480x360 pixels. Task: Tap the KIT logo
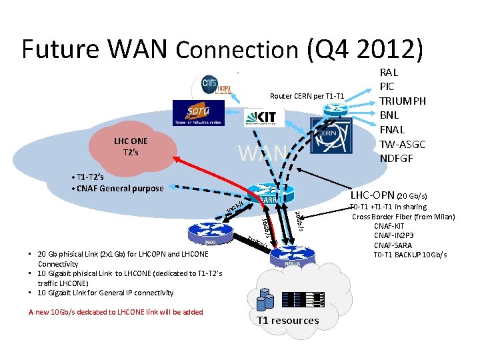point(264,117)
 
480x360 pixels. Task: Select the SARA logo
point(198,113)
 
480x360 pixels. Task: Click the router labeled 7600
point(209,233)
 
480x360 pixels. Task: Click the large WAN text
point(262,153)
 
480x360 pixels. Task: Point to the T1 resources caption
point(287,321)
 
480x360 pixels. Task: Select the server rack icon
point(303,300)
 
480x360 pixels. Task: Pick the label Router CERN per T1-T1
point(307,96)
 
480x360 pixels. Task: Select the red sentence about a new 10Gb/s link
point(116,312)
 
